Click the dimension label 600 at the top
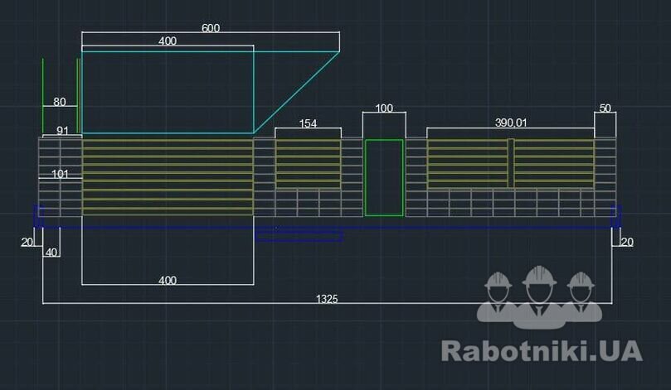211,27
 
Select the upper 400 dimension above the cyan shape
168,41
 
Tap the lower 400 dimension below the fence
168,280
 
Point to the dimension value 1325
328,299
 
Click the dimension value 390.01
511,123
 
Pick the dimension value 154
308,123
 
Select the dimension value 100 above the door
384,108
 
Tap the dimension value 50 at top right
605,108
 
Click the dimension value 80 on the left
60,102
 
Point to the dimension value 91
63,130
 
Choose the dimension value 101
60,174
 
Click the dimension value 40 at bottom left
51,253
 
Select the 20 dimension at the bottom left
27,242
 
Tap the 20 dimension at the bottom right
626,242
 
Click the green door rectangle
384,177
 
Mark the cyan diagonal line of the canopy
296,92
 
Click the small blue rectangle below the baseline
299,237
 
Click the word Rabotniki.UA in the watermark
542,350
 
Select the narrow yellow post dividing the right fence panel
511,163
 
